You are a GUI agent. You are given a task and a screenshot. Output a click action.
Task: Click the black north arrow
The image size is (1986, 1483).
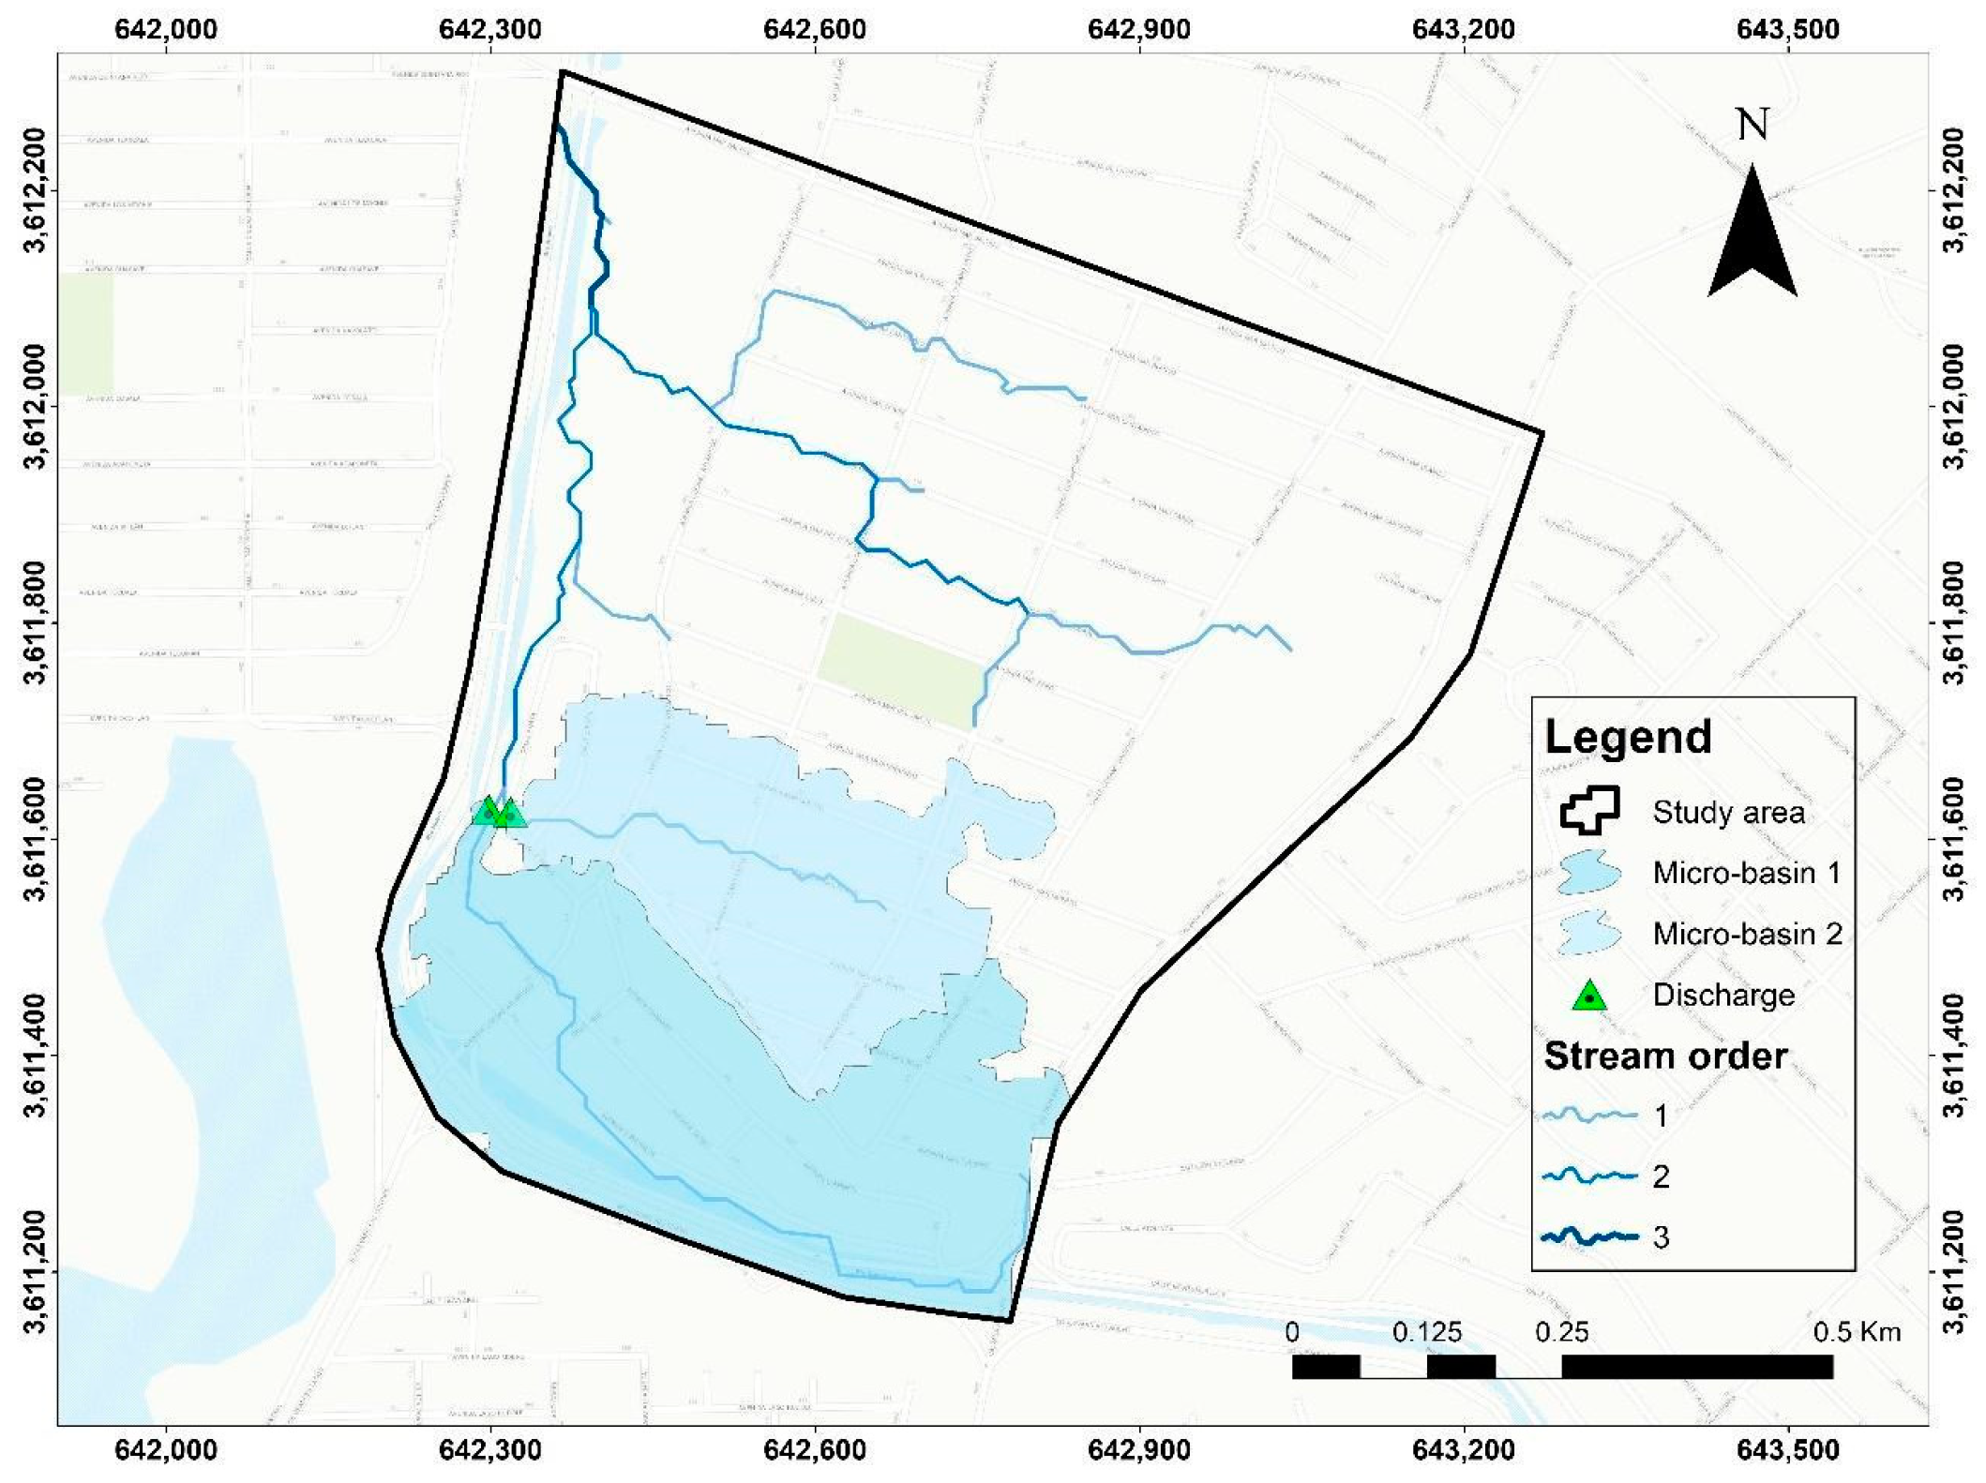coord(1752,239)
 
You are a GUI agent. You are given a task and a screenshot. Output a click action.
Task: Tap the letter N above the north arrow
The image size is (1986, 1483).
coord(1753,125)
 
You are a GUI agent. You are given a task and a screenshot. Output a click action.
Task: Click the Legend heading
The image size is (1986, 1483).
coord(1628,737)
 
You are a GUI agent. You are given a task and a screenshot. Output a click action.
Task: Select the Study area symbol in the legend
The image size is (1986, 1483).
coord(1589,811)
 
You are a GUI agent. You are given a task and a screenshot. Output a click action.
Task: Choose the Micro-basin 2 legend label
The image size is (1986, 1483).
coord(1747,934)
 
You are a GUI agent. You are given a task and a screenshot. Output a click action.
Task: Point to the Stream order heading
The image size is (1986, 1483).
coord(1665,1056)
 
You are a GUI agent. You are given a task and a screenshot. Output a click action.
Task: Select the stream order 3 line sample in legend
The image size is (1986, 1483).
coord(1589,1237)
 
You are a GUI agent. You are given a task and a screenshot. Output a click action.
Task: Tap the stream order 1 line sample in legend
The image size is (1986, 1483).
coord(1589,1116)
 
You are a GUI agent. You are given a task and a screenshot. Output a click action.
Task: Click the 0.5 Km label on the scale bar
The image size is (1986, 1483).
coord(1857,1332)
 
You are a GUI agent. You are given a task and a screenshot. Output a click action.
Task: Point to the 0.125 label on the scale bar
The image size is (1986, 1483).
coord(1427,1332)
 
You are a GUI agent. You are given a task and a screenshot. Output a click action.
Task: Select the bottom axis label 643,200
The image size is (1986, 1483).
coord(1463,1450)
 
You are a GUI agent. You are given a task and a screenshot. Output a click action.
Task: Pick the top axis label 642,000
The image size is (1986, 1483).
coord(166,29)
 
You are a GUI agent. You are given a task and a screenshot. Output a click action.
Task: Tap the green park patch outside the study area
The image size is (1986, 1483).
coord(86,334)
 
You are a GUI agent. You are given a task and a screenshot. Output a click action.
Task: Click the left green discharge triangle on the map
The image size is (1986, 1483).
coord(487,812)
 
